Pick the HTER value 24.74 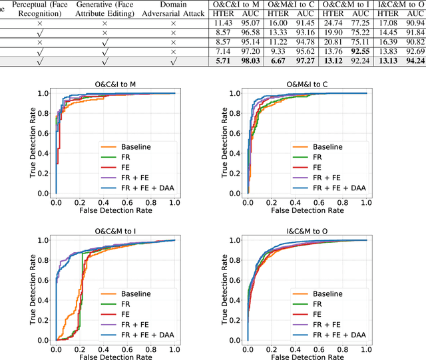click(x=335, y=23)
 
